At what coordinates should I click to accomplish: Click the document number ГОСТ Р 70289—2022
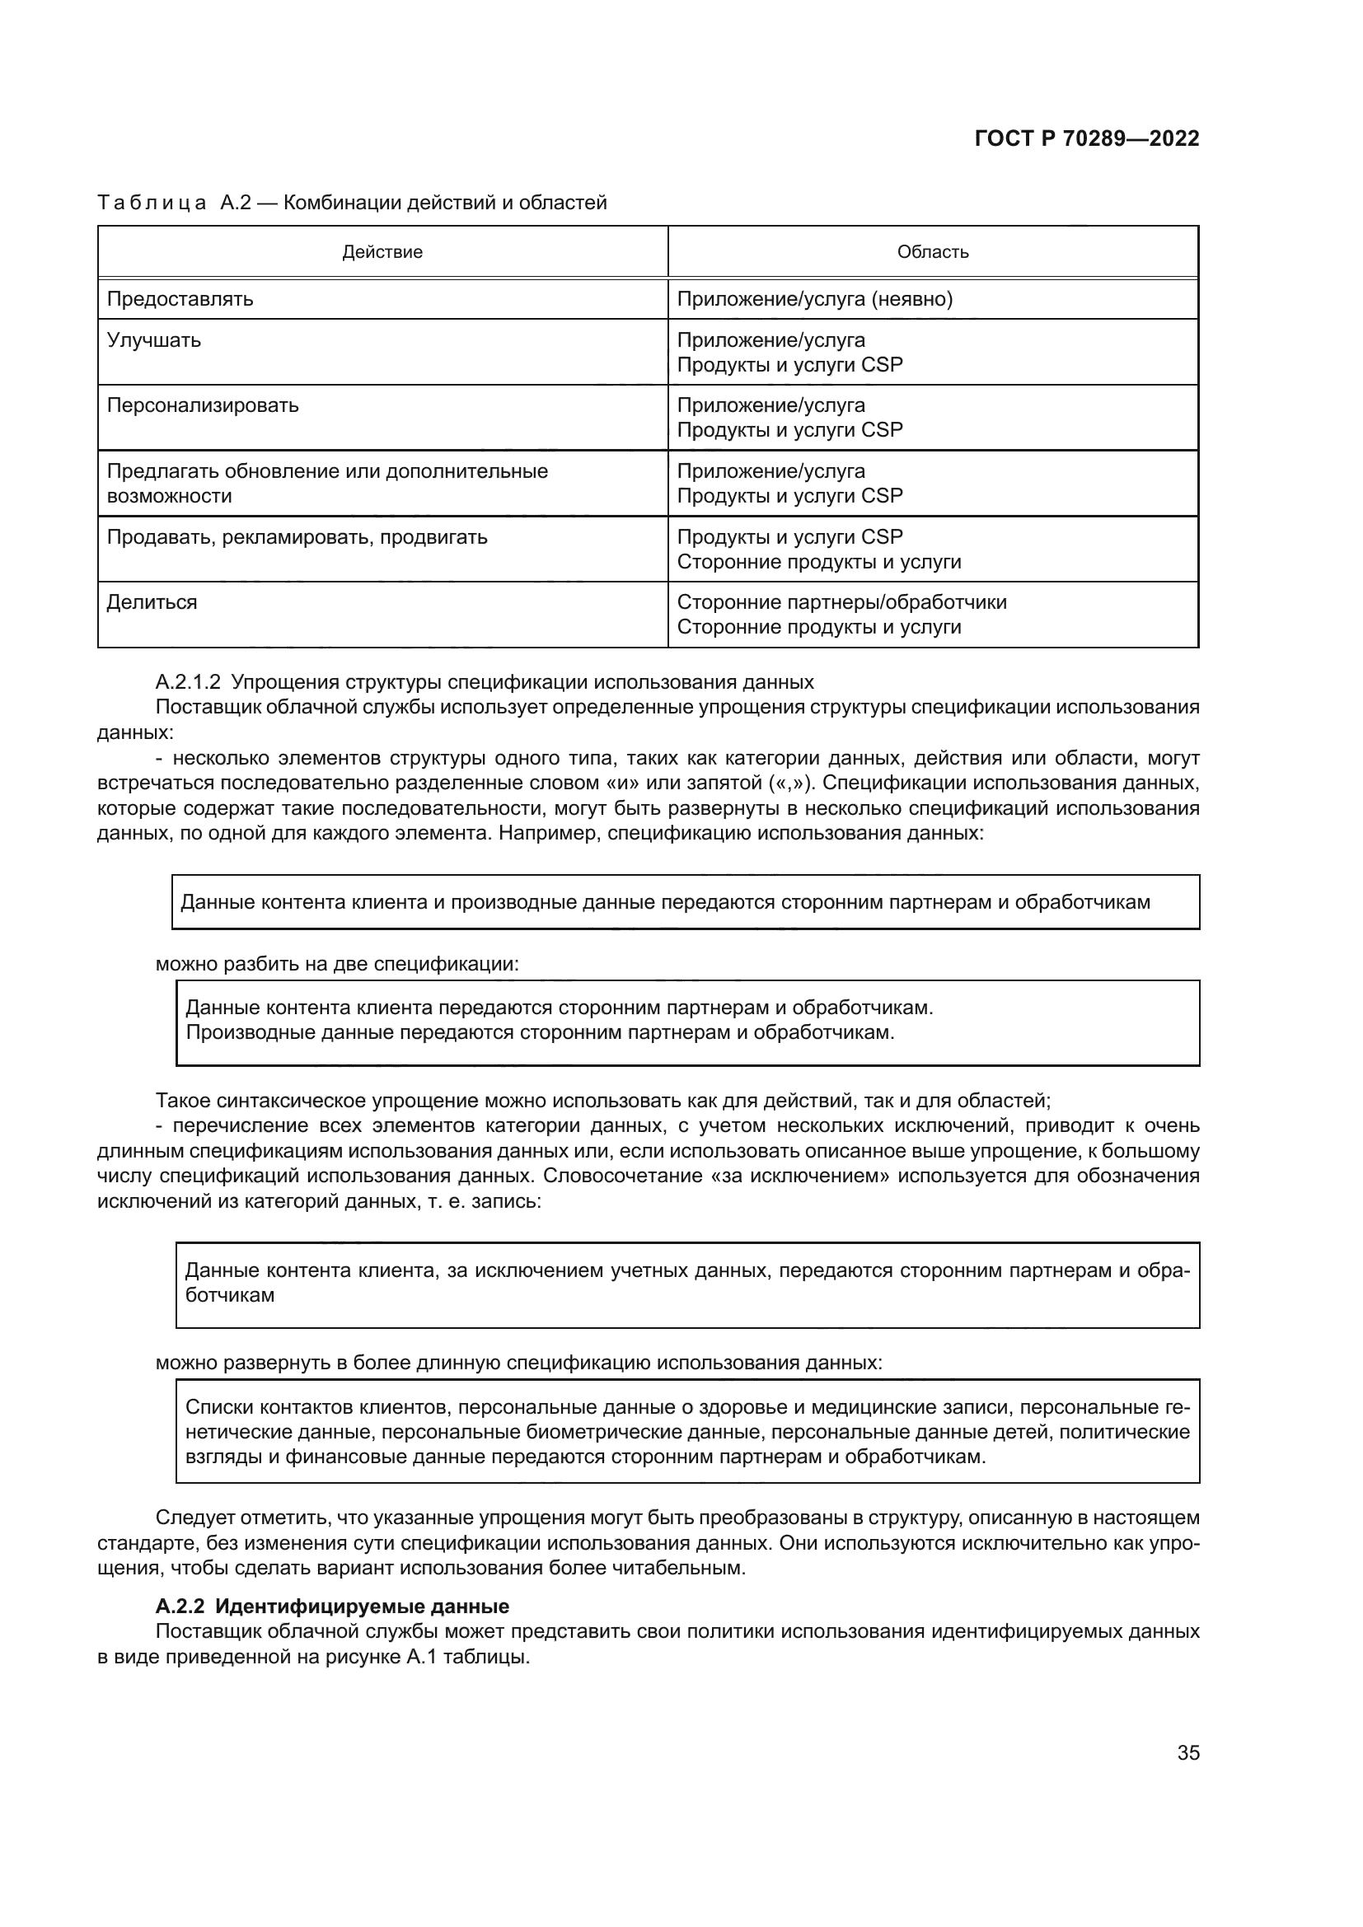1086,138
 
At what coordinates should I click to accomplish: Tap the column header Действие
382,252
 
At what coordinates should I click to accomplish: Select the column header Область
933,252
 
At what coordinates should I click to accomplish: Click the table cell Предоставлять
180,299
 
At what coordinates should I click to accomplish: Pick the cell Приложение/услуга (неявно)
814,299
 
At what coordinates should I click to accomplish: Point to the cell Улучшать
153,340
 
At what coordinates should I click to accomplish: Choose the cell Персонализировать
202,405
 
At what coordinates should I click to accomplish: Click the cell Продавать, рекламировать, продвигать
297,537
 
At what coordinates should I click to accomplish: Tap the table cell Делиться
152,602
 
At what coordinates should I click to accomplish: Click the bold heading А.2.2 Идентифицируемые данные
332,1607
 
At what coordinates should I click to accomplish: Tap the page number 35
1187,1752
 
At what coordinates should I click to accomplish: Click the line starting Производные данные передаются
540,1032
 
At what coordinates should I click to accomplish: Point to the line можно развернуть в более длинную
518,1363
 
